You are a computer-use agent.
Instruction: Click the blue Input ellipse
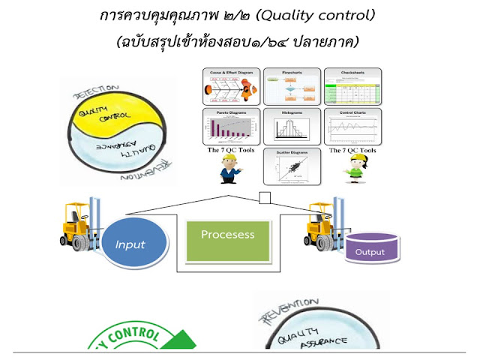(x=130, y=244)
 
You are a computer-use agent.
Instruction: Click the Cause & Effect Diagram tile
(x=231, y=86)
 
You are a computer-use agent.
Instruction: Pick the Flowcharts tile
(x=292, y=86)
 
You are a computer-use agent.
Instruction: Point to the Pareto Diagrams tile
(x=231, y=127)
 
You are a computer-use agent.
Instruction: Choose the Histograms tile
(x=292, y=127)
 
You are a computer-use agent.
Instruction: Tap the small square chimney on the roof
(x=264, y=199)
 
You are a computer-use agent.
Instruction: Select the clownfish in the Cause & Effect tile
(x=211, y=94)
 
